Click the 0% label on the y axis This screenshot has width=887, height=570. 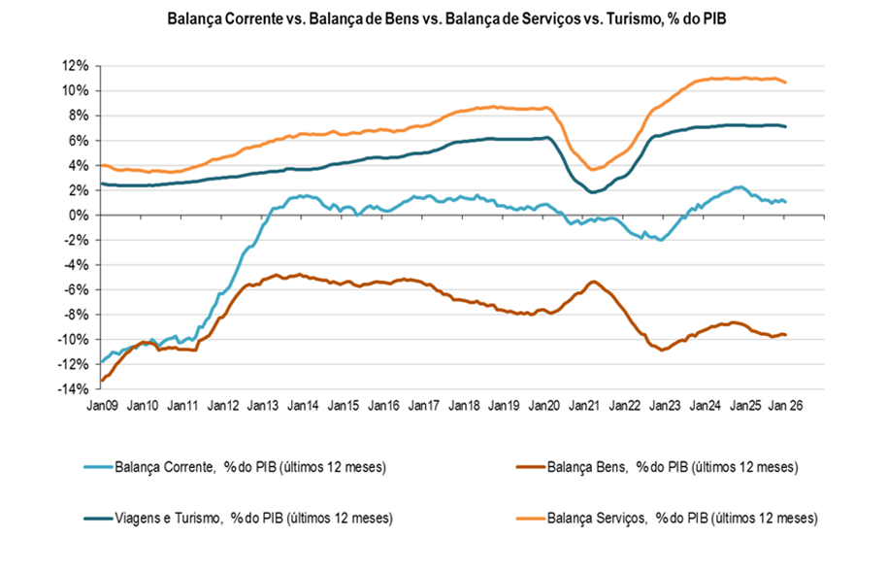79,215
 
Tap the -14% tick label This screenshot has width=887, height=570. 73,388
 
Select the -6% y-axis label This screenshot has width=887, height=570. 76,289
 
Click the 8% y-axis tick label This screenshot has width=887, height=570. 79,116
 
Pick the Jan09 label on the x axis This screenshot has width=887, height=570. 103,404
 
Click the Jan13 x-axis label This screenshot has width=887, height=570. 263,404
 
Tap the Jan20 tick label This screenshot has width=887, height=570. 544,404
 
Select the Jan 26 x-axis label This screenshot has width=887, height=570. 785,404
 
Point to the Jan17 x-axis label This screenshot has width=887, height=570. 424,404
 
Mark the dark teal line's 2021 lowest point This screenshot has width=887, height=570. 593,192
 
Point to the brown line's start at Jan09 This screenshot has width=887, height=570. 101,381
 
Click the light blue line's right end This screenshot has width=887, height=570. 784,202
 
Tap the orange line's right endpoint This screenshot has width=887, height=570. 784,83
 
